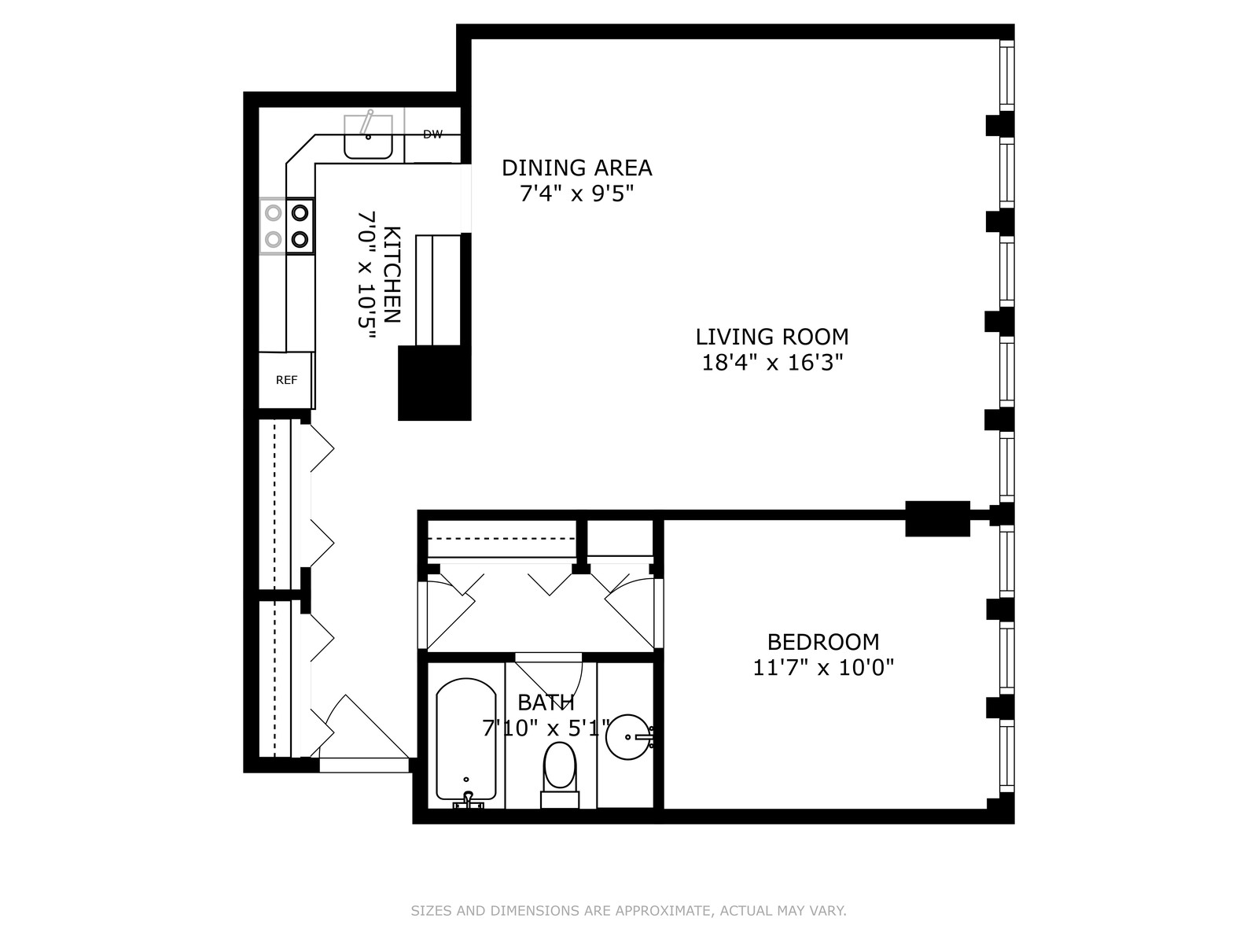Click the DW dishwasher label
tap(432, 135)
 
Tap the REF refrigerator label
tap(286, 380)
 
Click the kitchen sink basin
tap(368, 137)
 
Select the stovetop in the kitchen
tap(287, 226)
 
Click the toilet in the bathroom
tap(559, 775)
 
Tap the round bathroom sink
tap(629, 737)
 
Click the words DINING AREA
tap(576, 168)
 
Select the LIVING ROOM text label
tap(772, 337)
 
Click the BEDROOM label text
tap(823, 642)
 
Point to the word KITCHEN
tap(392, 275)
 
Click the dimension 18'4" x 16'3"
tap(773, 363)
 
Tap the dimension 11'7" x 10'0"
tap(823, 668)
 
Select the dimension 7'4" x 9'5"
tap(576, 194)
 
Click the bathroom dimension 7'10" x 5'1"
tap(546, 728)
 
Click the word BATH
tap(546, 702)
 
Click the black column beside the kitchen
tap(435, 383)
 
